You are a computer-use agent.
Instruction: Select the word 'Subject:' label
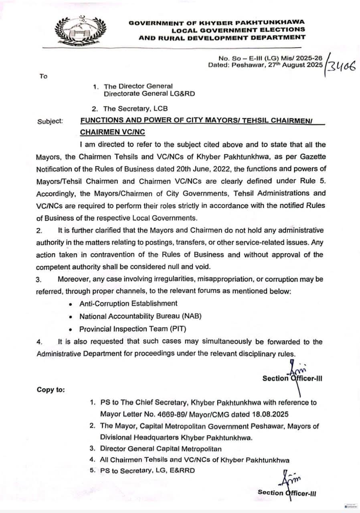click(50, 121)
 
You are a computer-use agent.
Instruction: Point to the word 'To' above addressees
click(43, 76)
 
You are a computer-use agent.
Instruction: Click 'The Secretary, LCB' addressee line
click(136, 108)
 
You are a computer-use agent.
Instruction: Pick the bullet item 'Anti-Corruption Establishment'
click(128, 303)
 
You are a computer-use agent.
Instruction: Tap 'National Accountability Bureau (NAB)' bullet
click(140, 316)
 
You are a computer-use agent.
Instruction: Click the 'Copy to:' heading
click(51, 390)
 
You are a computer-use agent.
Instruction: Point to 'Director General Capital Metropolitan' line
click(161, 449)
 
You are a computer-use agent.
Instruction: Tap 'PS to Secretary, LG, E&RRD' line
click(148, 471)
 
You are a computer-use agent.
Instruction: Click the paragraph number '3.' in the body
click(39, 279)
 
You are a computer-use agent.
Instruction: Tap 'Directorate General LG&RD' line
click(149, 94)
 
